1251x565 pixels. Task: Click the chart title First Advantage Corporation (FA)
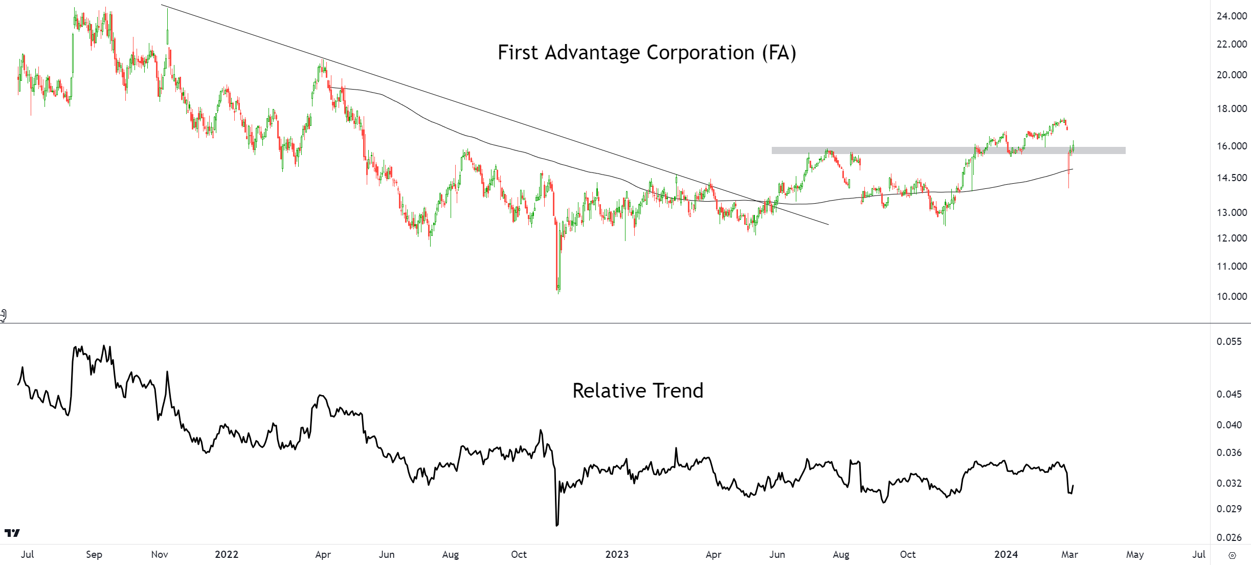[x=646, y=53]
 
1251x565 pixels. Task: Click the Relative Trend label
[x=638, y=391]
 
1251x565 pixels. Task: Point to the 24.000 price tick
[x=1232, y=16]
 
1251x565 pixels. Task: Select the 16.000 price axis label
[x=1232, y=146]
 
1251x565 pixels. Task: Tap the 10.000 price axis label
[x=1232, y=296]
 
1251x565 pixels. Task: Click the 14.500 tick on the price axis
[x=1232, y=178]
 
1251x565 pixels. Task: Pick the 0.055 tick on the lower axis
[x=1228, y=341]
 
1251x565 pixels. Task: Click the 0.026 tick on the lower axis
[x=1228, y=537]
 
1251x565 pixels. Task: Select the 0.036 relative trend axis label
[x=1228, y=452]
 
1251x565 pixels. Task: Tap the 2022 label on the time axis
[x=227, y=554]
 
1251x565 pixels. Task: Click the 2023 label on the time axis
[x=617, y=554]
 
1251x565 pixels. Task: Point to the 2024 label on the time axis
[x=1006, y=554]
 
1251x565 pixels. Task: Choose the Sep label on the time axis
[x=94, y=554]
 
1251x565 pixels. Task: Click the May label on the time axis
[x=1135, y=554]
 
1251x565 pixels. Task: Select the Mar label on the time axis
[x=1069, y=554]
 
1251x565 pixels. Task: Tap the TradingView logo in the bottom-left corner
[x=12, y=533]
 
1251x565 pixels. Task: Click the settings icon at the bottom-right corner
[x=1232, y=555]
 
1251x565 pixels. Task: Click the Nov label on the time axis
[x=160, y=554]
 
